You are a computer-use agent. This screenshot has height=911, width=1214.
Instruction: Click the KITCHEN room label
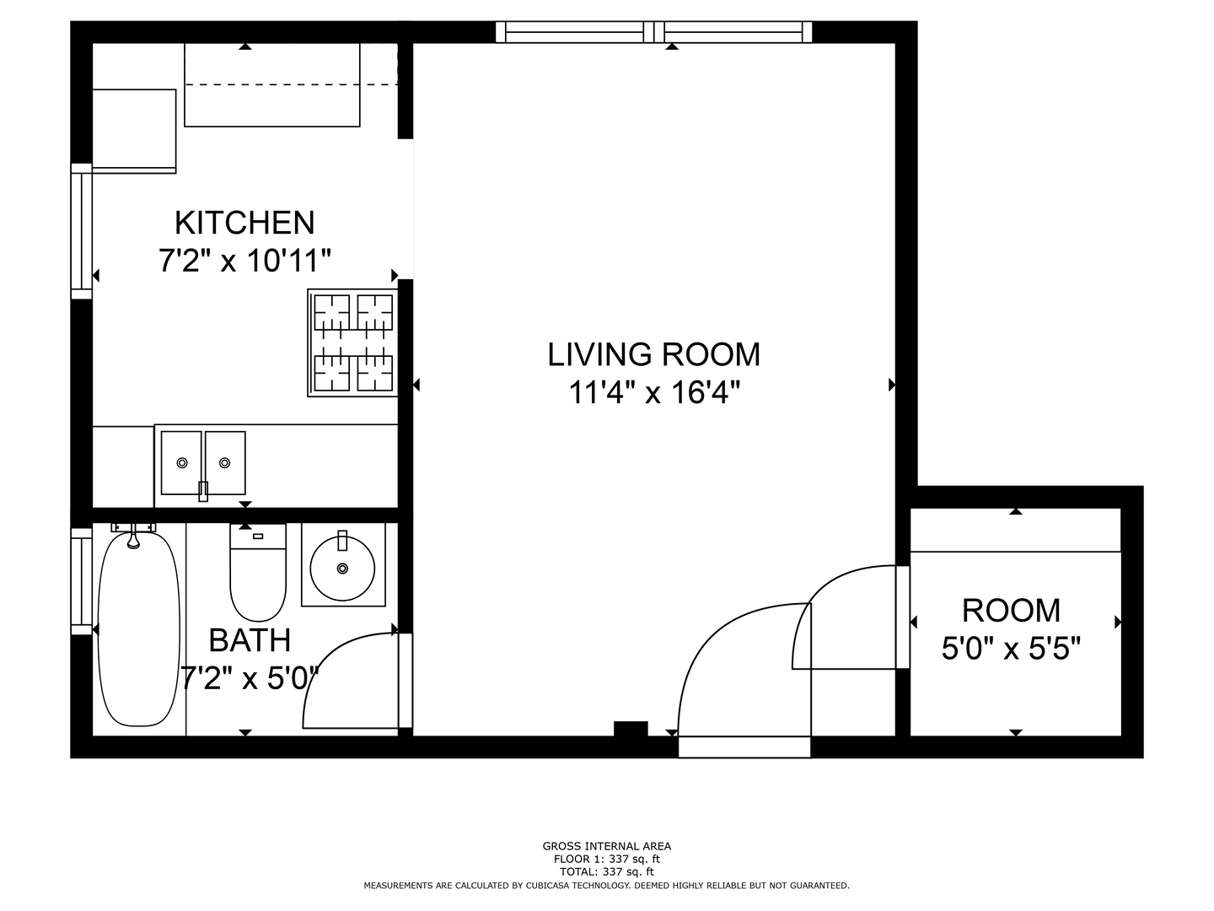pos(244,223)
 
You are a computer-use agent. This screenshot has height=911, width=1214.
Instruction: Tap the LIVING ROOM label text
pos(653,354)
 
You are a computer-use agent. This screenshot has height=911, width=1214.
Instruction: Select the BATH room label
pos(250,640)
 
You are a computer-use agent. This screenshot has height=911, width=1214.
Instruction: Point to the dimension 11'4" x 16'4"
pos(653,393)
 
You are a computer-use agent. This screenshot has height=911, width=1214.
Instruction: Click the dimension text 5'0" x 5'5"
pos(1011,649)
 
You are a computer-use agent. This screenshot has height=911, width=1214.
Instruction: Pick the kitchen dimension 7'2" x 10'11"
pos(244,261)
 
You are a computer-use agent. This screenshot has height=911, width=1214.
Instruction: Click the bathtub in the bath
pos(139,629)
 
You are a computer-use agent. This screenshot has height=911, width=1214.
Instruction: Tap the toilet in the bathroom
pos(258,573)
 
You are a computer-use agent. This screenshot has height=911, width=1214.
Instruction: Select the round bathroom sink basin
pos(342,568)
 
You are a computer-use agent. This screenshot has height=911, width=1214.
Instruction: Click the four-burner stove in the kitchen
pos(353,343)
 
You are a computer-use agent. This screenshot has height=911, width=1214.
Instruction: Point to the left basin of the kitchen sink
pos(181,463)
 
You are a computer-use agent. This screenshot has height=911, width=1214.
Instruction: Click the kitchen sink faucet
pos(203,491)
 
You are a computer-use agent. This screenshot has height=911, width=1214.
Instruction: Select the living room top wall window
pos(653,32)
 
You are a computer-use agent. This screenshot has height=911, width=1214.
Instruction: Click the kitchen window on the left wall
pos(81,231)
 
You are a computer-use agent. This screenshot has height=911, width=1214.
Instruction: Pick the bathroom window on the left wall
pos(81,581)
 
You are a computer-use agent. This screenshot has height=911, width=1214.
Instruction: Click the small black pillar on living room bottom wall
pos(631,729)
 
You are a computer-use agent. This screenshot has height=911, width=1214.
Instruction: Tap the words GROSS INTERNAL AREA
pos(607,846)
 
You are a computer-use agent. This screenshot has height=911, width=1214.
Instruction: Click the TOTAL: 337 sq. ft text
pos(607,872)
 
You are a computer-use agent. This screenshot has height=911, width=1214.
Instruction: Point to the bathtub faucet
pos(133,536)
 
